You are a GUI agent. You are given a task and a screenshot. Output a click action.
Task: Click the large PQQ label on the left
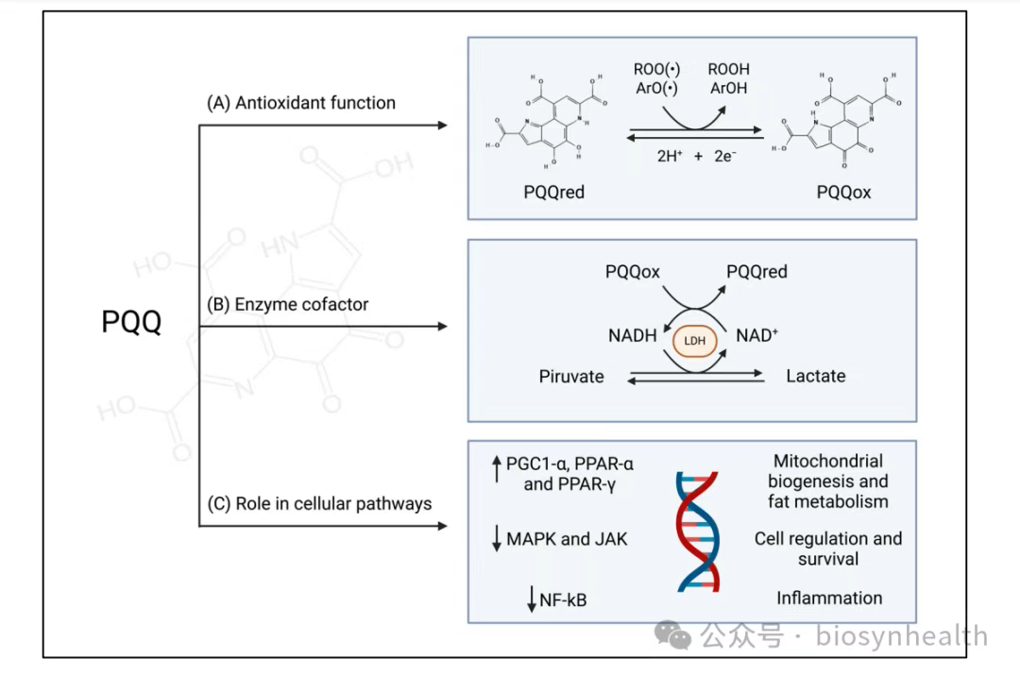(x=131, y=323)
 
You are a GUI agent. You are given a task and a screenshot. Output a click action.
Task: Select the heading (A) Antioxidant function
(x=301, y=103)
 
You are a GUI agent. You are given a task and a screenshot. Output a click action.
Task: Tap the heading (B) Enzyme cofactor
(x=288, y=305)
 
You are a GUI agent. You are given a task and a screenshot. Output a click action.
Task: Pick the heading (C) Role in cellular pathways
(x=319, y=503)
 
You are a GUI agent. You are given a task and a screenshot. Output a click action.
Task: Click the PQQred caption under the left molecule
(x=554, y=193)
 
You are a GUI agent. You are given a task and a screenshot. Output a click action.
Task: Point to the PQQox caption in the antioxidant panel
(x=843, y=193)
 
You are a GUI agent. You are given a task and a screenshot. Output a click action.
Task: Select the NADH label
(x=632, y=335)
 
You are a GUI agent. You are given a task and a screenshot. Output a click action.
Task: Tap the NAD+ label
(x=756, y=335)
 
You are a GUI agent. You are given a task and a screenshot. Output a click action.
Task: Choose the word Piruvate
(x=571, y=377)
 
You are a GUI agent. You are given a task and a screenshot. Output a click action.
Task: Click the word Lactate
(x=816, y=376)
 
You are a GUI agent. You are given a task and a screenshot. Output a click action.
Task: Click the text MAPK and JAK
(x=567, y=540)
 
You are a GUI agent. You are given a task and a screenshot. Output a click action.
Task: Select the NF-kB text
(x=563, y=599)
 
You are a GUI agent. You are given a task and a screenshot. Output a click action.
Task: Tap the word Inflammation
(x=829, y=598)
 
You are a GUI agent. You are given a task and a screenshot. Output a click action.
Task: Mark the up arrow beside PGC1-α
(x=496, y=468)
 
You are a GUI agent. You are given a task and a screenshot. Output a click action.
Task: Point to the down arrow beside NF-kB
(x=532, y=598)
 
